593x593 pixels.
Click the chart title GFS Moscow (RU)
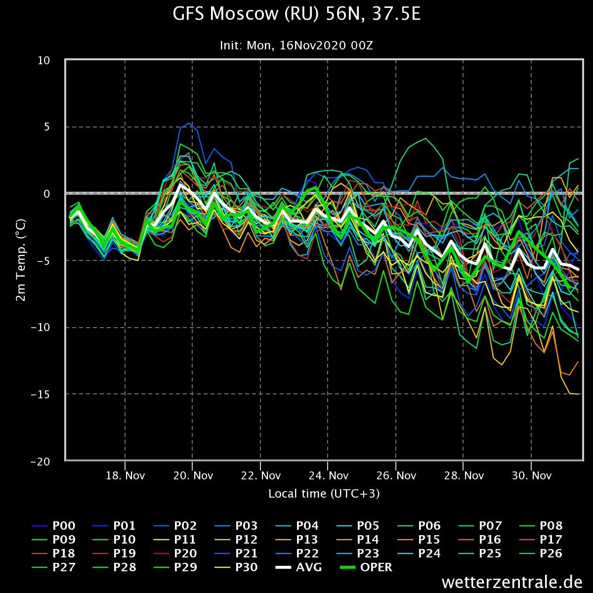[x=246, y=14]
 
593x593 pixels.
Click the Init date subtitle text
[x=296, y=45]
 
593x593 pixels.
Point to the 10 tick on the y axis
[x=43, y=61]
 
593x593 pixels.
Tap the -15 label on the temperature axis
[x=41, y=394]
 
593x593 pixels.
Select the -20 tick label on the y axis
[x=41, y=462]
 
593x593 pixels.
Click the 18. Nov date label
[x=125, y=476]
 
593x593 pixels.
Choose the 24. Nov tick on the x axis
[x=328, y=476]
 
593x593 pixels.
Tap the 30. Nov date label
[x=531, y=476]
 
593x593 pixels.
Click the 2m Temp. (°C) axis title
[x=21, y=260]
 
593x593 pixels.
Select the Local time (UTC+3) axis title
[x=324, y=494]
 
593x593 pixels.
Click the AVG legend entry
[x=298, y=567]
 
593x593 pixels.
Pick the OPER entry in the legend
[x=366, y=567]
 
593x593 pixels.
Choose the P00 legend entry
[x=53, y=526]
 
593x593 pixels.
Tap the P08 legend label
[x=541, y=526]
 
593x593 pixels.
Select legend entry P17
[x=541, y=540]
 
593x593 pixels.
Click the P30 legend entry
[x=236, y=567]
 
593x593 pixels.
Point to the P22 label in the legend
[x=297, y=553]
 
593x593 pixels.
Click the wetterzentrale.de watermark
[x=512, y=582]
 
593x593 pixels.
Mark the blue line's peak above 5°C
[x=189, y=123]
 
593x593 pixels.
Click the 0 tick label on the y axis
[x=47, y=194]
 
